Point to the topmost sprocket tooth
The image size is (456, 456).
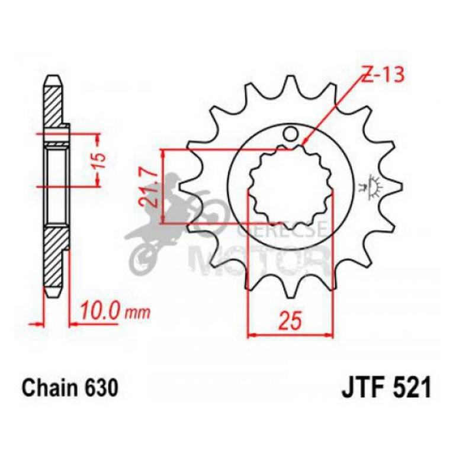pyautogui.click(x=290, y=84)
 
